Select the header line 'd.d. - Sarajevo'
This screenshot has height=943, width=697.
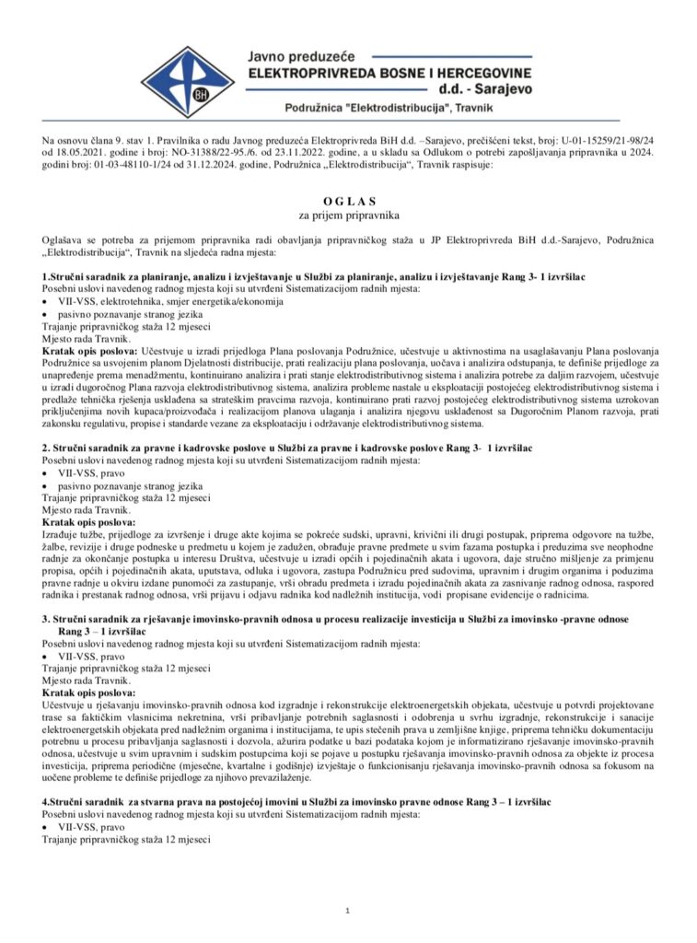pos(479,89)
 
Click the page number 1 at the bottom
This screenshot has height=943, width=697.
pos(349,911)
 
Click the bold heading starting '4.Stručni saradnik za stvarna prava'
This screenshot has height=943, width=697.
pos(296,803)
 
